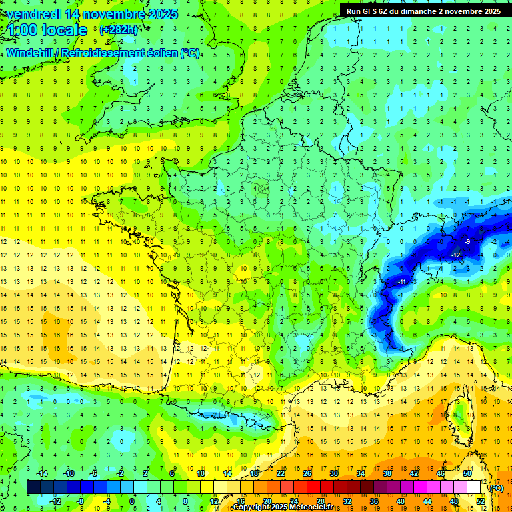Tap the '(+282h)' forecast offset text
pyautogui.click(x=119, y=29)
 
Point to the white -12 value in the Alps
pyautogui.click(x=457, y=255)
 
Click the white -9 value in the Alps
pyautogui.click(x=468, y=241)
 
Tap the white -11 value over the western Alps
pyautogui.click(x=402, y=282)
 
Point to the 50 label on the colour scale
pyautogui.click(x=467, y=473)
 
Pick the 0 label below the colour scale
pyautogui.click(x=131, y=501)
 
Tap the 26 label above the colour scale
pyautogui.click(x=307, y=473)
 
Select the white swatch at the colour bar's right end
pyautogui.click(x=473, y=487)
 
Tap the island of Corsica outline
pyautogui.click(x=459, y=414)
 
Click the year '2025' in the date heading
pyautogui.click(x=162, y=14)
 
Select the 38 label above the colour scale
pyautogui.click(x=387, y=473)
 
